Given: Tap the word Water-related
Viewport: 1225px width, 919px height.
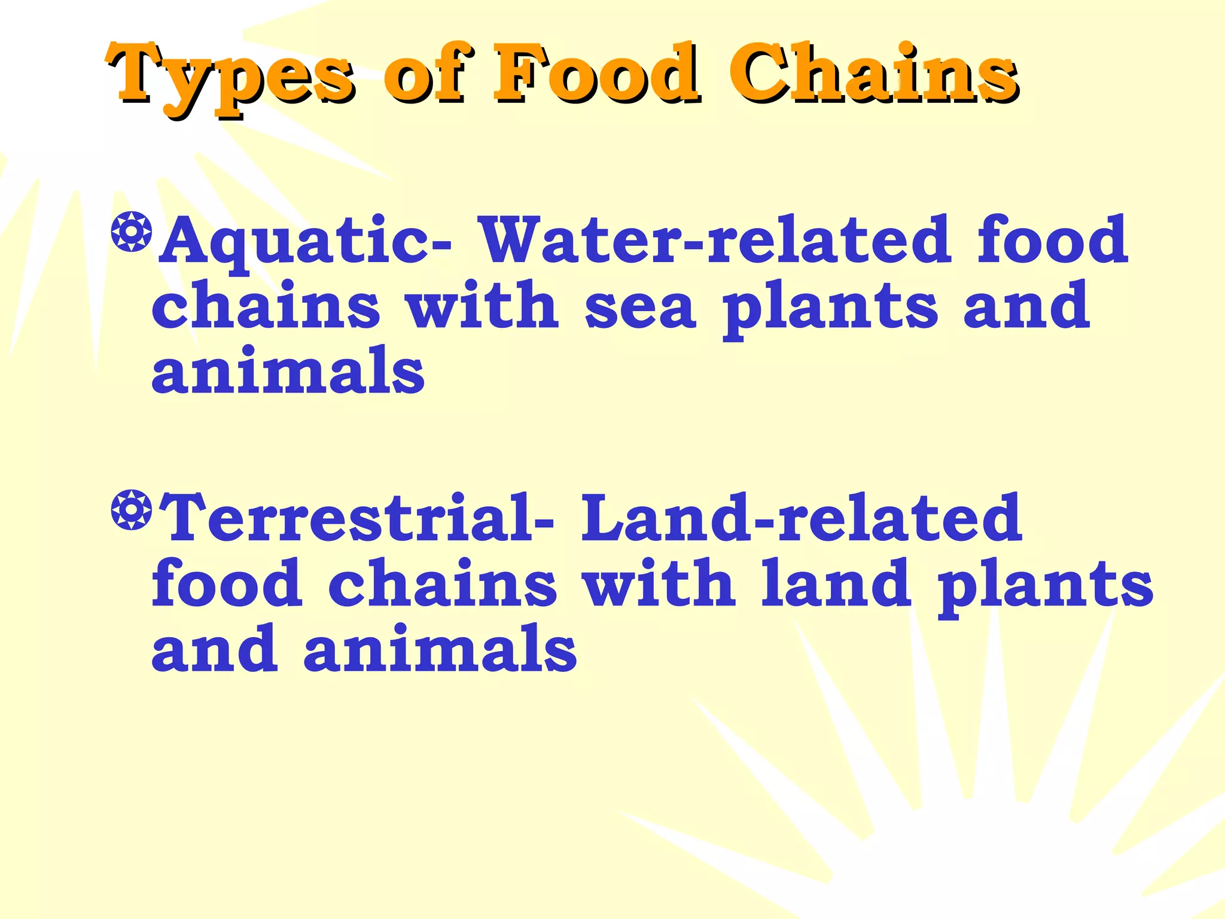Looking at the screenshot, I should point(715,239).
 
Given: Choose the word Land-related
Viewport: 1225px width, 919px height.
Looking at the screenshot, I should point(802,518).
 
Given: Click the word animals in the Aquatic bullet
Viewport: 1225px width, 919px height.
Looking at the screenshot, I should point(288,371).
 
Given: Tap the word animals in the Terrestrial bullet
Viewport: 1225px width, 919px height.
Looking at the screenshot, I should point(440,649).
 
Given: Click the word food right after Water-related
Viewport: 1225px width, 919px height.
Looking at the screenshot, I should point(1052,239).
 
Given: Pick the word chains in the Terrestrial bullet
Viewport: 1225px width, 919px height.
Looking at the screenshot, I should point(443,583).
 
